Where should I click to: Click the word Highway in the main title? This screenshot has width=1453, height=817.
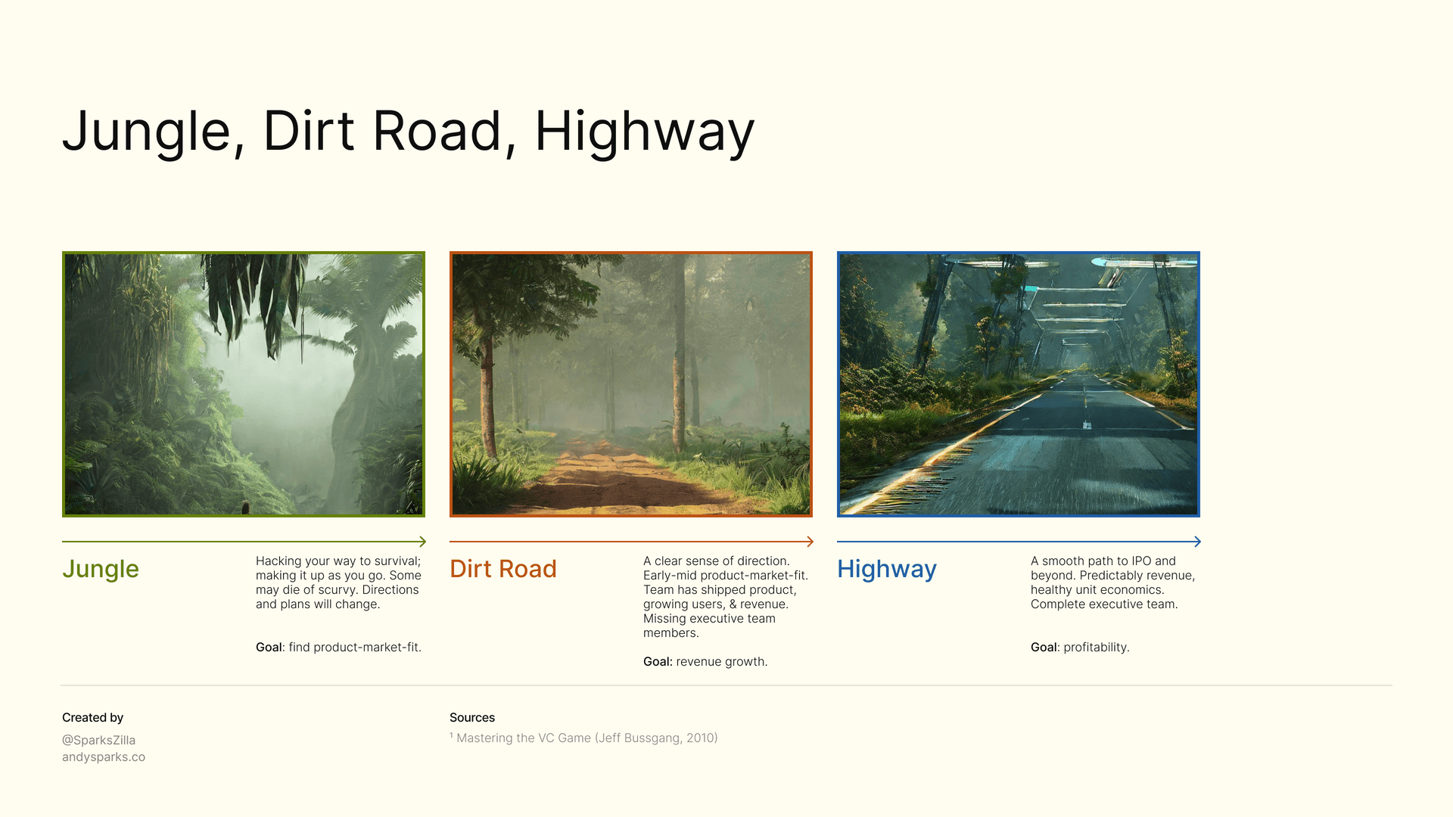tap(644, 132)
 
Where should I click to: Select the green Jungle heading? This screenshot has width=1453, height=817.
tap(101, 569)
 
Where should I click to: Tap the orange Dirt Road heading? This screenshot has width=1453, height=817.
tap(503, 569)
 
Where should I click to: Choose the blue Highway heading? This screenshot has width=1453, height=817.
tap(887, 569)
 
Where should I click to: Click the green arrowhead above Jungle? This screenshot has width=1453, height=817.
tap(422, 542)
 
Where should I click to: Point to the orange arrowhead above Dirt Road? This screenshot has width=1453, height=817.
tap(810, 542)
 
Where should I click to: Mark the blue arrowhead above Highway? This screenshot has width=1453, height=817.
tap(1197, 542)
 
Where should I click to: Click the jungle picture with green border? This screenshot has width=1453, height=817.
tap(244, 384)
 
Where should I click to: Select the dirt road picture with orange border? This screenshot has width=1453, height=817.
tap(631, 384)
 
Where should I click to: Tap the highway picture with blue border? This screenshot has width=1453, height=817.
tap(1019, 384)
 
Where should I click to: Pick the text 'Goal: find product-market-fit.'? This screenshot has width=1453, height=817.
tap(338, 648)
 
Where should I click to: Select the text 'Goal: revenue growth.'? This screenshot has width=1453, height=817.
tap(705, 662)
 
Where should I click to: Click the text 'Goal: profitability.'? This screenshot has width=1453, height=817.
tap(1080, 648)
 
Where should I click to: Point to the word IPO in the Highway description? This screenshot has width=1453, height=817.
tap(1141, 561)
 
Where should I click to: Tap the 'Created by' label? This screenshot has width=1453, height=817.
tap(92, 718)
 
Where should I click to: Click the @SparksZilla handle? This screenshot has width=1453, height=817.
tap(98, 741)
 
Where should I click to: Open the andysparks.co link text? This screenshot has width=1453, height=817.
tap(104, 757)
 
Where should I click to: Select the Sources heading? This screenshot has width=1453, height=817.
tap(472, 718)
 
